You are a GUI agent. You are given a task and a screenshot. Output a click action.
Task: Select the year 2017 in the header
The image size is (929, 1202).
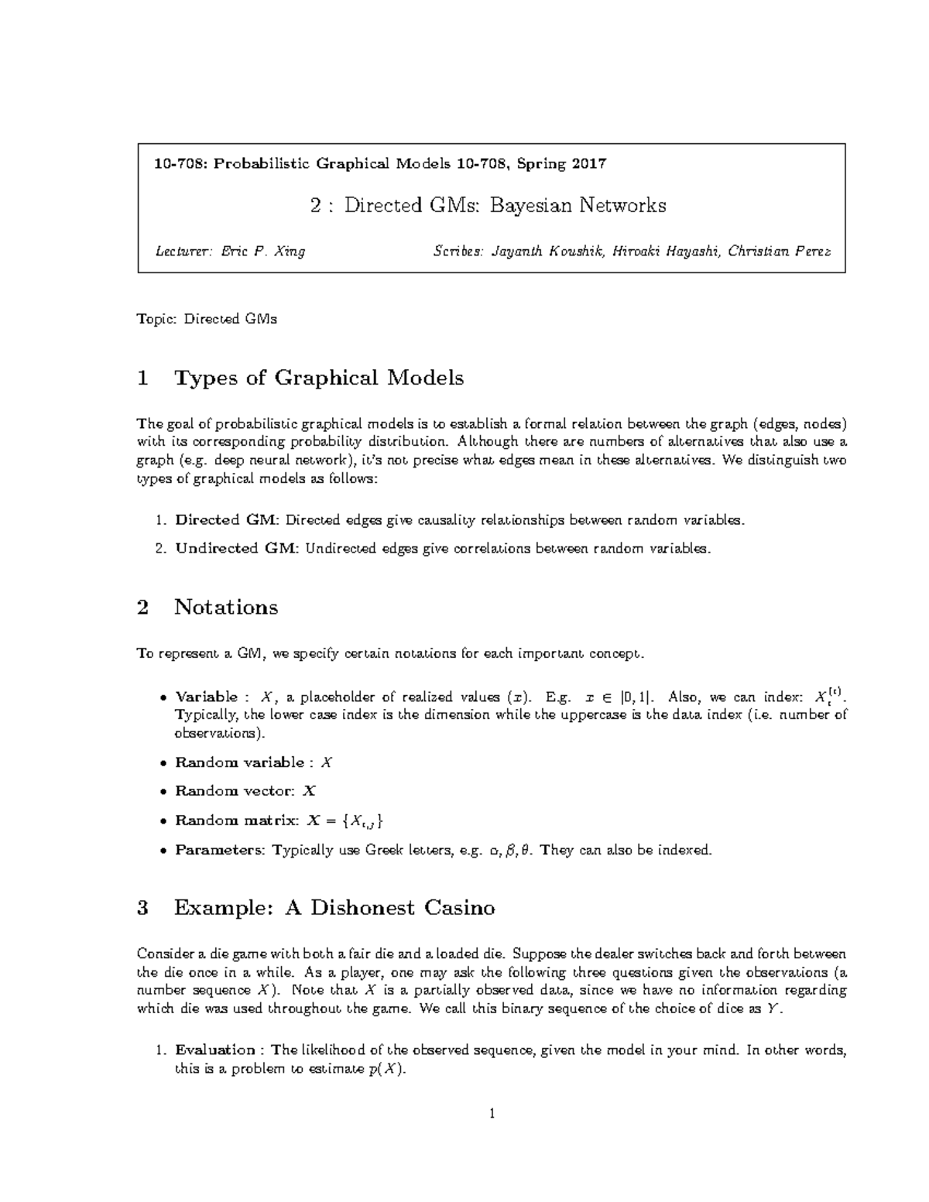click(x=589, y=163)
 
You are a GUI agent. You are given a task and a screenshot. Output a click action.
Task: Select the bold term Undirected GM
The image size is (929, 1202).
click(x=235, y=548)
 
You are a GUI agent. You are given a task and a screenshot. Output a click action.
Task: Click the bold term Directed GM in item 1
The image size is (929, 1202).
click(x=225, y=520)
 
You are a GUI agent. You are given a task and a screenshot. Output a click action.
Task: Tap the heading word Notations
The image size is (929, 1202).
click(x=225, y=607)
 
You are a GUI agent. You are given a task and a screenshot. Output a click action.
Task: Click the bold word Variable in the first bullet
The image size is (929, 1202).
click(x=206, y=697)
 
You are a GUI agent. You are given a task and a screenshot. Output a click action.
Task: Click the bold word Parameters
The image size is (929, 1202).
click(x=220, y=850)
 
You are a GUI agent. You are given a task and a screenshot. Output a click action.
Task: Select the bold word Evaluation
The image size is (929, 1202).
click(x=215, y=1050)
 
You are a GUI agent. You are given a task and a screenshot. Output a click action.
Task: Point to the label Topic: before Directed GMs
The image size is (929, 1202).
click(x=156, y=319)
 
